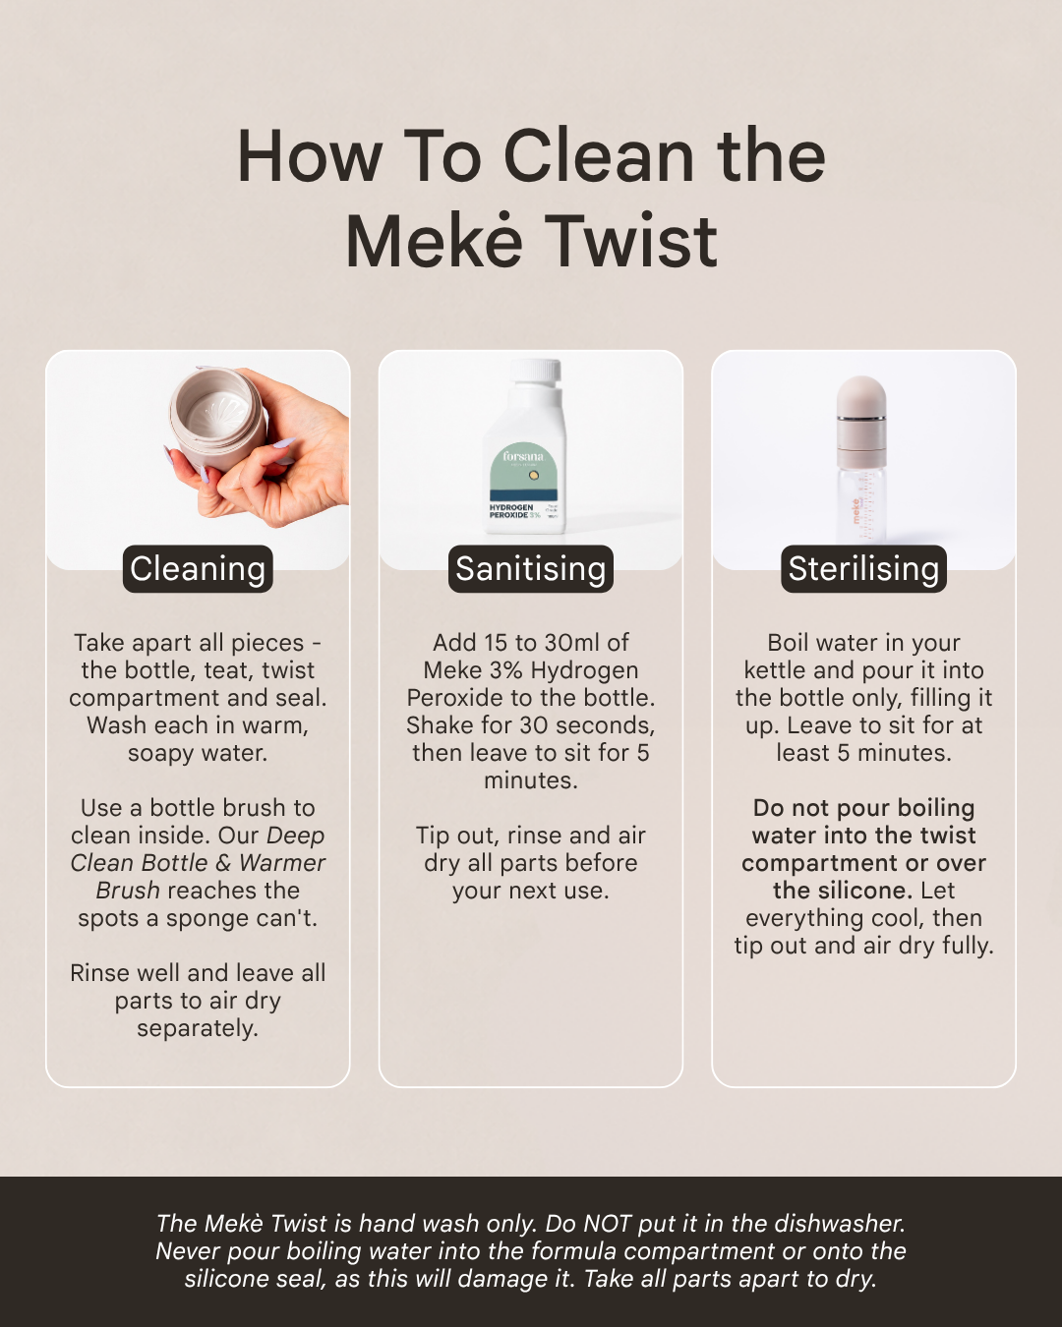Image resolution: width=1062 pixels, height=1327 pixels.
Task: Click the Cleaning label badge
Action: click(198, 568)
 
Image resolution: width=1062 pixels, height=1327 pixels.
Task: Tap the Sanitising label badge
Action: click(531, 568)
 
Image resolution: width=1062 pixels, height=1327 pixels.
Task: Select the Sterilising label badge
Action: click(863, 568)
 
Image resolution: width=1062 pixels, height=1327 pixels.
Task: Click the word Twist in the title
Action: click(631, 241)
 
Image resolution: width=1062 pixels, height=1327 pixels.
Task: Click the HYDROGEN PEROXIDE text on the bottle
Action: click(511, 511)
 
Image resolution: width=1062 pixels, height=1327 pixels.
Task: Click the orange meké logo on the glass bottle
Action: click(855, 511)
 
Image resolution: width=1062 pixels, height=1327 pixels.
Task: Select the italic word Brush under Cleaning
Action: click(128, 891)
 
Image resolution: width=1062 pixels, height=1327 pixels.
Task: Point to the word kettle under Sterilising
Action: click(775, 670)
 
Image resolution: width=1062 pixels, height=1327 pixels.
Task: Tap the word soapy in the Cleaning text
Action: click(157, 754)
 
